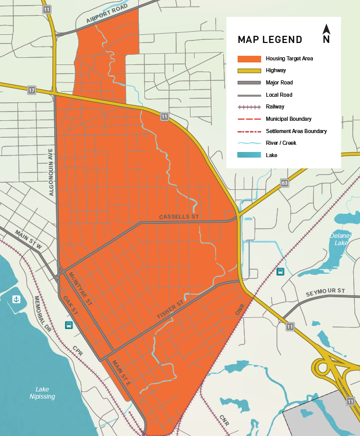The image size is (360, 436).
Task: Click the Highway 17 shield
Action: click(32, 90)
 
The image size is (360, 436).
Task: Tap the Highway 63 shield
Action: click(284, 183)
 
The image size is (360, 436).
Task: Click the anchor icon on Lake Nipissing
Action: click(16, 299)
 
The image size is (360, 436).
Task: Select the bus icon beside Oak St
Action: click(69, 325)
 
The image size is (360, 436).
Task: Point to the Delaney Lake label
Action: click(341, 239)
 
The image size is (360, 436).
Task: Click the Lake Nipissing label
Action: click(42, 393)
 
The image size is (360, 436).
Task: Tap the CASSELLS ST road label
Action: click(178, 217)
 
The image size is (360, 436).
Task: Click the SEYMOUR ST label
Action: click(326, 292)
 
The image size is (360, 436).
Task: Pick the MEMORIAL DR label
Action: click(44, 313)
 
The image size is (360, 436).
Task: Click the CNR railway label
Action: click(224, 419)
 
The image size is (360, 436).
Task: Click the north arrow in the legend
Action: click(326, 34)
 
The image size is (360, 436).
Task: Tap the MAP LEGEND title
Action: click(270, 40)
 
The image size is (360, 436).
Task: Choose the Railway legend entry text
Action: click(275, 106)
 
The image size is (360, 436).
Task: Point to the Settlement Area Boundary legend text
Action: click(296, 131)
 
